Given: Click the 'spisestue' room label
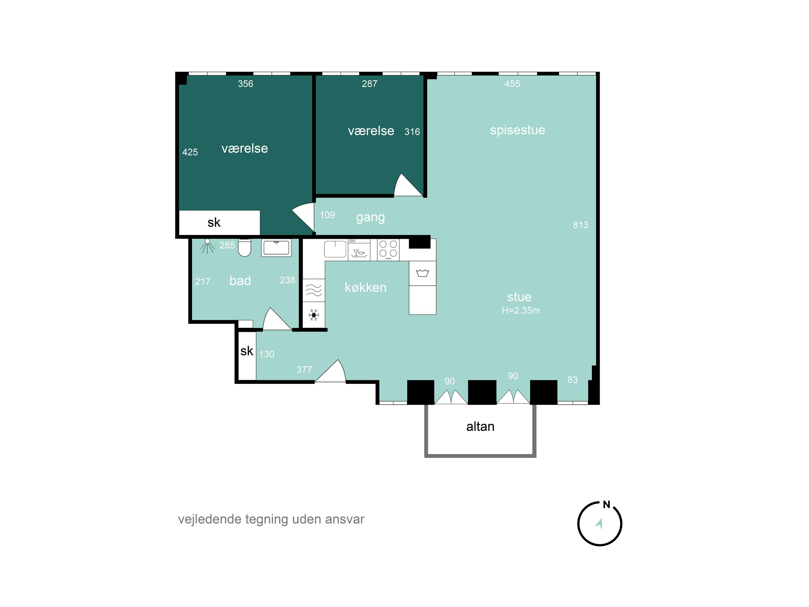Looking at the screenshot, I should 517,130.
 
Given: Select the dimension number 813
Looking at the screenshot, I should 580,225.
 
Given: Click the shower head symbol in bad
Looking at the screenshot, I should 207,246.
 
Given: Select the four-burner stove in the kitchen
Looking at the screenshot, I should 388,249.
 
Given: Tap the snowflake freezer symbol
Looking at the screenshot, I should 313,315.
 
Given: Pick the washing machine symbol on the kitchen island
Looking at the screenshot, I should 422,273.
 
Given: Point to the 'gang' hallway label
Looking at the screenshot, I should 370,217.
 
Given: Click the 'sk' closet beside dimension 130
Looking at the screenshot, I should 246,351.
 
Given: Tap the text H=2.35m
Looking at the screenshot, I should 520,311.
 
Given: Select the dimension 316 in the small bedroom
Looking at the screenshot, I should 412,132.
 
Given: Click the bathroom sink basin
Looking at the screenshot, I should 276,248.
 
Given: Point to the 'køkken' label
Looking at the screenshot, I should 365,288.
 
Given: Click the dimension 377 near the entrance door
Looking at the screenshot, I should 304,370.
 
